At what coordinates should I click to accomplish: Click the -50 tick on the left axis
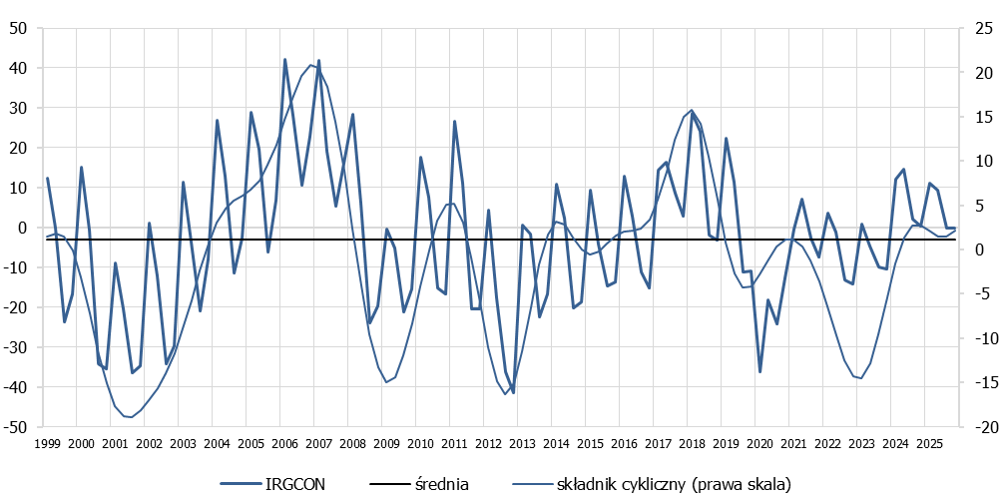point(17,427)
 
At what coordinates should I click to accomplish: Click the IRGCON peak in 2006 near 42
point(284,60)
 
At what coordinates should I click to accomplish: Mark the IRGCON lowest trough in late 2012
point(513,392)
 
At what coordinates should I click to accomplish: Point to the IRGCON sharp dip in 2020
point(759,372)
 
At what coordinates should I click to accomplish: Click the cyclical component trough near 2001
point(130,417)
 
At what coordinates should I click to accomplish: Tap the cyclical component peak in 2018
point(692,111)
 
